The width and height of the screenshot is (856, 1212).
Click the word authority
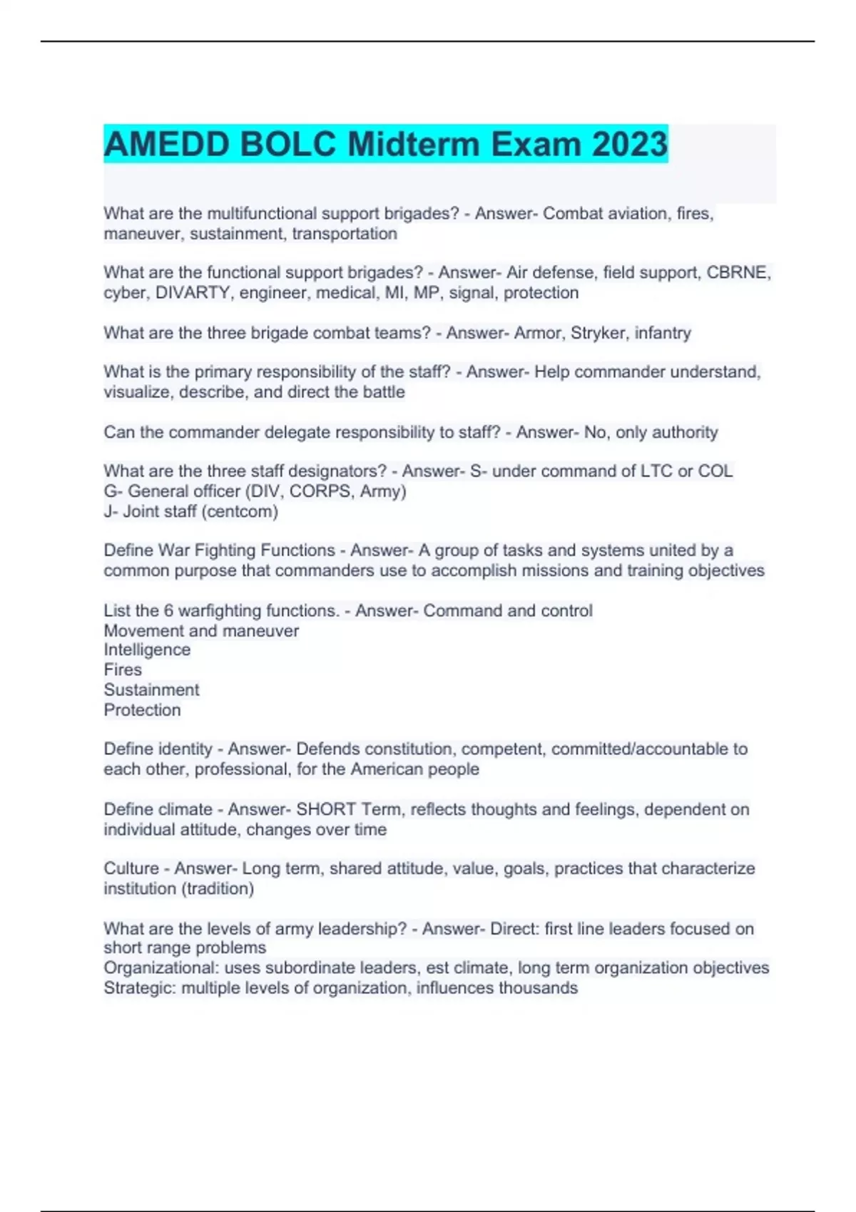(680, 432)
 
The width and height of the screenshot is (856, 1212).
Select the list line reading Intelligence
(147, 649)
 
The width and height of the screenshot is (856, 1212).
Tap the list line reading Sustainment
(151, 689)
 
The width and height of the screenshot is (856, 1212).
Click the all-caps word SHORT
(326, 809)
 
